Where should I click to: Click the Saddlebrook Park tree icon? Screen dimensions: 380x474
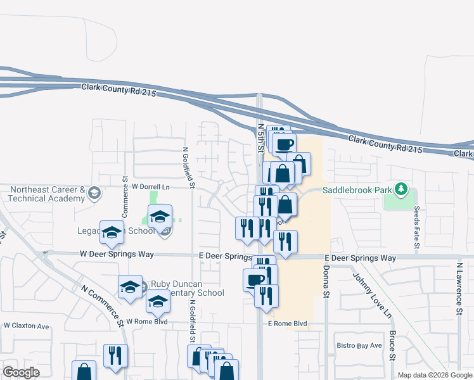tap(400, 189)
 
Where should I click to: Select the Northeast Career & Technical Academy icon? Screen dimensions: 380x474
tap(94, 193)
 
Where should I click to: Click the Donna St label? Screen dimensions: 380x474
tap(327, 282)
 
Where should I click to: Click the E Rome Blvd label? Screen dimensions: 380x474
tap(287, 324)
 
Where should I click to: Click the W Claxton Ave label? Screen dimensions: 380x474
tap(26, 326)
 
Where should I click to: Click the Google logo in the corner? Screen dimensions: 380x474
tap(21, 372)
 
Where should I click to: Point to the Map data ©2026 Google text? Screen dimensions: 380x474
tap(434, 375)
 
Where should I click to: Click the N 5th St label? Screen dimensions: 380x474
tap(260, 136)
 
